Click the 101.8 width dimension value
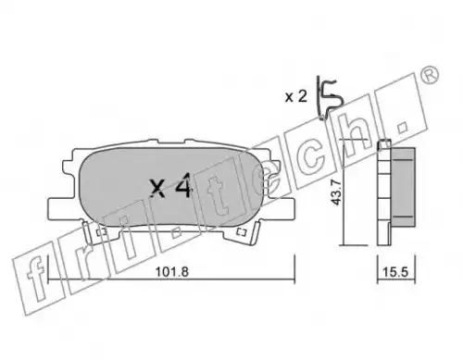[x=171, y=272]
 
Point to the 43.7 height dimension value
[x=336, y=192]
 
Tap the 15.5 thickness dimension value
[x=395, y=272]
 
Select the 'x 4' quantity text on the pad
[x=171, y=186]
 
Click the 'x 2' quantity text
[x=296, y=97]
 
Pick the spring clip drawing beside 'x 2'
[x=330, y=98]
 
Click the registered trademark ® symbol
[x=430, y=75]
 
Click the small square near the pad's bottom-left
[x=101, y=232]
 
